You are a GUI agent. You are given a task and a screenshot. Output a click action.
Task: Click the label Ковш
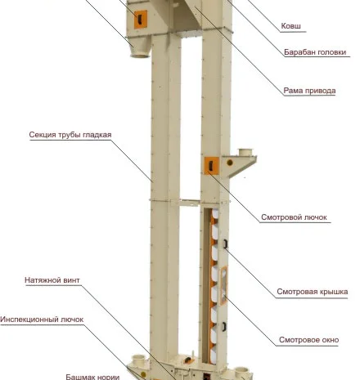(x=290, y=26)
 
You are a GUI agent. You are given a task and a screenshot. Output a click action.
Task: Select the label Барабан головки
(x=315, y=52)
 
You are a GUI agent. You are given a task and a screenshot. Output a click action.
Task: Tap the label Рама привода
(x=309, y=91)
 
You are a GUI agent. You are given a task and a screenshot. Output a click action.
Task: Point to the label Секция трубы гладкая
(x=70, y=135)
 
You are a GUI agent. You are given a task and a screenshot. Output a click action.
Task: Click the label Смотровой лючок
(x=294, y=217)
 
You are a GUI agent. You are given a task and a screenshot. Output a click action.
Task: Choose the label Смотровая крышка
(x=313, y=292)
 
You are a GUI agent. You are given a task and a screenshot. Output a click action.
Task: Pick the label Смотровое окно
(x=308, y=340)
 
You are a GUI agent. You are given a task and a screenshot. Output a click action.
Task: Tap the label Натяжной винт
(x=52, y=280)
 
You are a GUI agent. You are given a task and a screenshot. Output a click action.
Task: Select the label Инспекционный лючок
(x=42, y=320)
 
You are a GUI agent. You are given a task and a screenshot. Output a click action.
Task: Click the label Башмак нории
(x=92, y=377)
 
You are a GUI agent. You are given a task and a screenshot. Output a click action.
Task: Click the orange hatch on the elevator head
(x=141, y=19)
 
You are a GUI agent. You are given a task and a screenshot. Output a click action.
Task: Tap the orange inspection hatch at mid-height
(x=211, y=166)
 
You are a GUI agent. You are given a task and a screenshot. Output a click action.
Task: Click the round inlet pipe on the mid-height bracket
(x=245, y=152)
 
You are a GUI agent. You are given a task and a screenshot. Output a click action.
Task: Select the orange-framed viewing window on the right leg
(x=223, y=285)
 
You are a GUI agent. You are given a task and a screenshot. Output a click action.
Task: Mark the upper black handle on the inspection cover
(x=225, y=244)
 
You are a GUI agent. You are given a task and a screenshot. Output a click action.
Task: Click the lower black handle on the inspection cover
(x=224, y=326)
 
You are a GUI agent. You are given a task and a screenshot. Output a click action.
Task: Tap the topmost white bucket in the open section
(x=215, y=213)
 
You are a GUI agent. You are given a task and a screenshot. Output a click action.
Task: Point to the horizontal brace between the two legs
(x=189, y=203)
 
